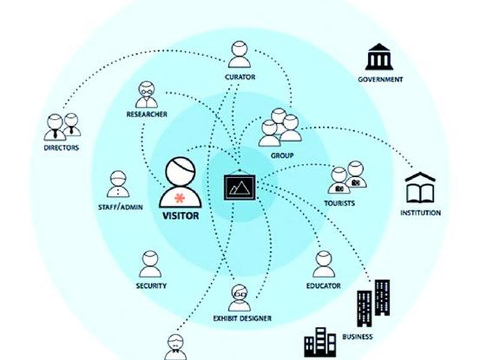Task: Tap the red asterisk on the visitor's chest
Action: [x=179, y=199]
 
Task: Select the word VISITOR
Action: [x=181, y=216]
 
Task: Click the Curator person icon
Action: [x=239, y=55]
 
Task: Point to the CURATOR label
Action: [x=240, y=77]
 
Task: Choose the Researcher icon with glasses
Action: [x=146, y=95]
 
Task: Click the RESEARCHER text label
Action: [x=147, y=115]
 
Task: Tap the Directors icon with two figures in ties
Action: [x=62, y=127]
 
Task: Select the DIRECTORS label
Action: [x=62, y=148]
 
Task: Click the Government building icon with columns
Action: [x=379, y=56]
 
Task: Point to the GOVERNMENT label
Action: [x=380, y=80]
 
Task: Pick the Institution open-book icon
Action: [x=420, y=188]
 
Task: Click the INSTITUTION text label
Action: [x=421, y=213]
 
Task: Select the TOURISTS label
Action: [x=340, y=203]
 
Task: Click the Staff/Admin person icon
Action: [x=118, y=184]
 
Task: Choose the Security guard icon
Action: [x=150, y=264]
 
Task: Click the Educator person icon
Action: [x=323, y=264]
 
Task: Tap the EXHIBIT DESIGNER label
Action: [x=242, y=319]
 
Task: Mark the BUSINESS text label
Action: [x=358, y=337]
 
